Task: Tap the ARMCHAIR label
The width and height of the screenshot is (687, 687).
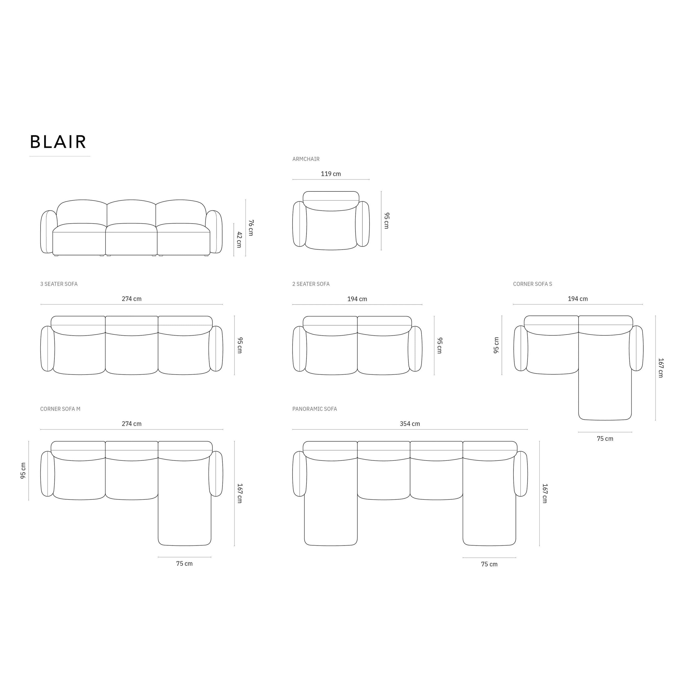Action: pos(306,159)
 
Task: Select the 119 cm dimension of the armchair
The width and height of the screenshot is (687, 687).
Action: pos(331,174)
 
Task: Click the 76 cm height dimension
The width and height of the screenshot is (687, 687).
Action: pos(251,228)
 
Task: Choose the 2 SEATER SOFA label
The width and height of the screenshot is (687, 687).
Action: pos(311,284)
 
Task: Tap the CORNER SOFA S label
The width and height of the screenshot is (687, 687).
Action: pos(532,284)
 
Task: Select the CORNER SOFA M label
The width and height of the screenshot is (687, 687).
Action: pos(60,409)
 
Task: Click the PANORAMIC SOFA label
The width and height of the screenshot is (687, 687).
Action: pos(314,409)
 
